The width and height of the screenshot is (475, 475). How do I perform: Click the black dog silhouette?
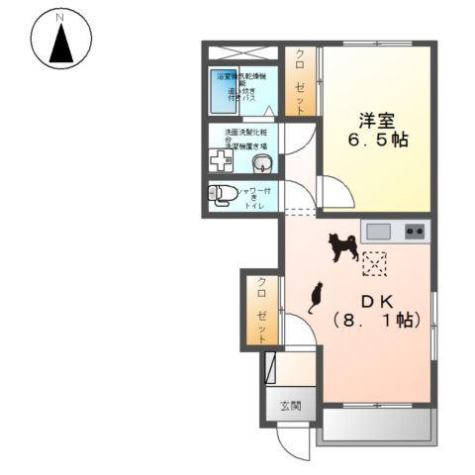coord(343,246)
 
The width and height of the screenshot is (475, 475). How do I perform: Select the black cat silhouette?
coord(316,297)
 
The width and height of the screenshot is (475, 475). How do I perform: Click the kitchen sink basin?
coord(378,233)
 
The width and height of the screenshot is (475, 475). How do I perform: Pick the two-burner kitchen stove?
coord(415,233)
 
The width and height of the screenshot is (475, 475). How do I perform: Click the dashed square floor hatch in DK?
coord(375,263)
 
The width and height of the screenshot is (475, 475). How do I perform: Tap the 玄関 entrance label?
coord(289,406)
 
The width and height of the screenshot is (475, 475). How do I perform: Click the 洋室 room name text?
coord(377,121)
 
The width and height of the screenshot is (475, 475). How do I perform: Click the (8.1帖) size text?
coord(377,321)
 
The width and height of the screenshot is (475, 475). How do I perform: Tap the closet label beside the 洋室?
coord(301,79)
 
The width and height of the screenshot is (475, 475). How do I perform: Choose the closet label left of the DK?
coord(262,308)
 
